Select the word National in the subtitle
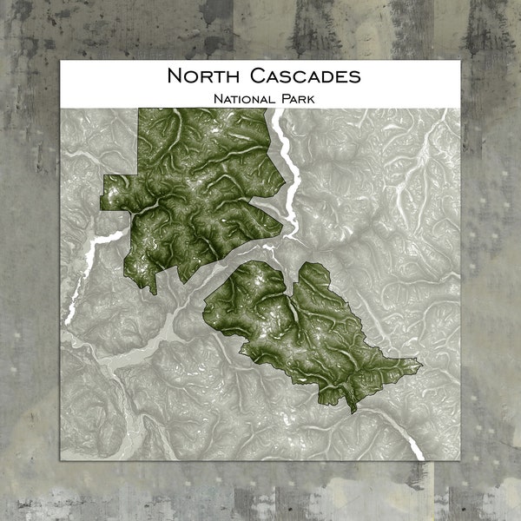pos(243,98)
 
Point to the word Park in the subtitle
pos(297,98)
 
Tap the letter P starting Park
pos(284,98)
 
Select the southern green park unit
pos(304,330)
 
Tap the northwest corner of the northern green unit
pos(142,111)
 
